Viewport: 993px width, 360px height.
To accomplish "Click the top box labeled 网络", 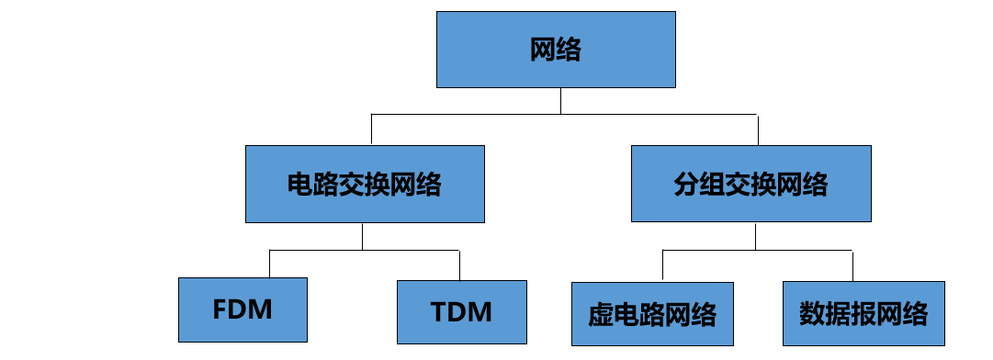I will pyautogui.click(x=556, y=50).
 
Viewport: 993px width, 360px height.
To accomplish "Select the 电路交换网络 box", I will pyautogui.click(x=365, y=184).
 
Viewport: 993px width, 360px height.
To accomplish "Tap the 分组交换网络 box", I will pyautogui.click(x=750, y=184).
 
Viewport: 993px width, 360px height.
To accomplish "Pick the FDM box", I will pyautogui.click(x=242, y=309).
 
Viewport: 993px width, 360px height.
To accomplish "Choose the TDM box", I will pyautogui.click(x=461, y=311).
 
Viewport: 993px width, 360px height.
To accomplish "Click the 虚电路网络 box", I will pyautogui.click(x=652, y=313).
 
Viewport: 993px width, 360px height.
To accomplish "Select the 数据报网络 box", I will pyautogui.click(x=863, y=313).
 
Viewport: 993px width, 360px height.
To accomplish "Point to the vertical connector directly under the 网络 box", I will pyautogui.click(x=561, y=101).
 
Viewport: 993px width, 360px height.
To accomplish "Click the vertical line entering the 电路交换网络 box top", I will pyautogui.click(x=371, y=129).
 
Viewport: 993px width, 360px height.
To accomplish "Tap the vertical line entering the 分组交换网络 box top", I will pyautogui.click(x=757, y=129).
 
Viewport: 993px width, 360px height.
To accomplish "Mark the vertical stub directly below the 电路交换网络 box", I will pyautogui.click(x=363, y=236).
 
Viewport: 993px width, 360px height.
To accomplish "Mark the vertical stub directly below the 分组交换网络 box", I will pyautogui.click(x=755, y=236).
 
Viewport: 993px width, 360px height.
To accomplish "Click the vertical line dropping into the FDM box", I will pyautogui.click(x=269, y=264).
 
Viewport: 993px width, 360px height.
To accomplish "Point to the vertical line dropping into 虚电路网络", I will pyautogui.click(x=662, y=266).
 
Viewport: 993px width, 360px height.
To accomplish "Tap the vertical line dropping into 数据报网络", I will pyautogui.click(x=852, y=266).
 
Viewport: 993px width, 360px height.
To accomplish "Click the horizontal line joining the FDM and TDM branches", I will pyautogui.click(x=364, y=250).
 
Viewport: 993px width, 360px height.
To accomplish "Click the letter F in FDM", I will pyautogui.click(x=219, y=309).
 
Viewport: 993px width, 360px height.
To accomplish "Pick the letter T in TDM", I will pyautogui.click(x=439, y=312).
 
